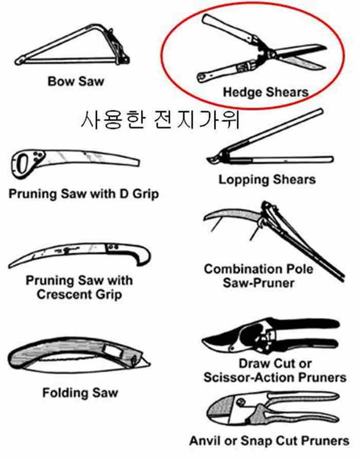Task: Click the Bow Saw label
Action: (76, 81)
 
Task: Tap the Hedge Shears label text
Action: (266, 92)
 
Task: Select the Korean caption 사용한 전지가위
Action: (160, 120)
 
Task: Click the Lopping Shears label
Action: (267, 179)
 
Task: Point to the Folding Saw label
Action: (80, 393)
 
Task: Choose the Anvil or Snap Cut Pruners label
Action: (269, 440)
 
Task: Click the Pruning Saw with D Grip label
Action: (84, 194)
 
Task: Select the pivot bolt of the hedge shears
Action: (273, 54)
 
